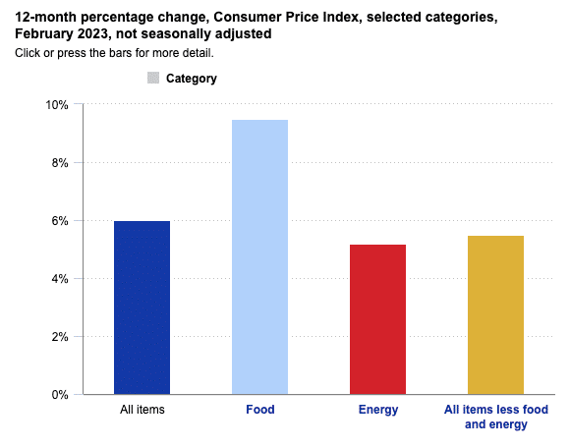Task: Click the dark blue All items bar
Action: coord(142,308)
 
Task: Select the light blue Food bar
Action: coord(259,257)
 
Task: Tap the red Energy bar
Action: coord(377,319)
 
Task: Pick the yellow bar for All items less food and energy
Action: coord(495,314)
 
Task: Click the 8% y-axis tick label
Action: coord(59,163)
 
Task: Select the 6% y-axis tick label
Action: coord(59,221)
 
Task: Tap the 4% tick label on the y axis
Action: coord(59,279)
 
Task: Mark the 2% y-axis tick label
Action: coord(59,337)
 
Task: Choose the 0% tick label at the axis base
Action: coord(59,395)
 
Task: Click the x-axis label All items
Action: coord(142,410)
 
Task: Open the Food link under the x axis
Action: coord(259,410)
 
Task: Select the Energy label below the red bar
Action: coord(377,410)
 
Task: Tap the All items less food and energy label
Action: coord(495,417)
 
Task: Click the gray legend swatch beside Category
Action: coord(153,78)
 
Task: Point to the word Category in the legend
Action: coord(192,79)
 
